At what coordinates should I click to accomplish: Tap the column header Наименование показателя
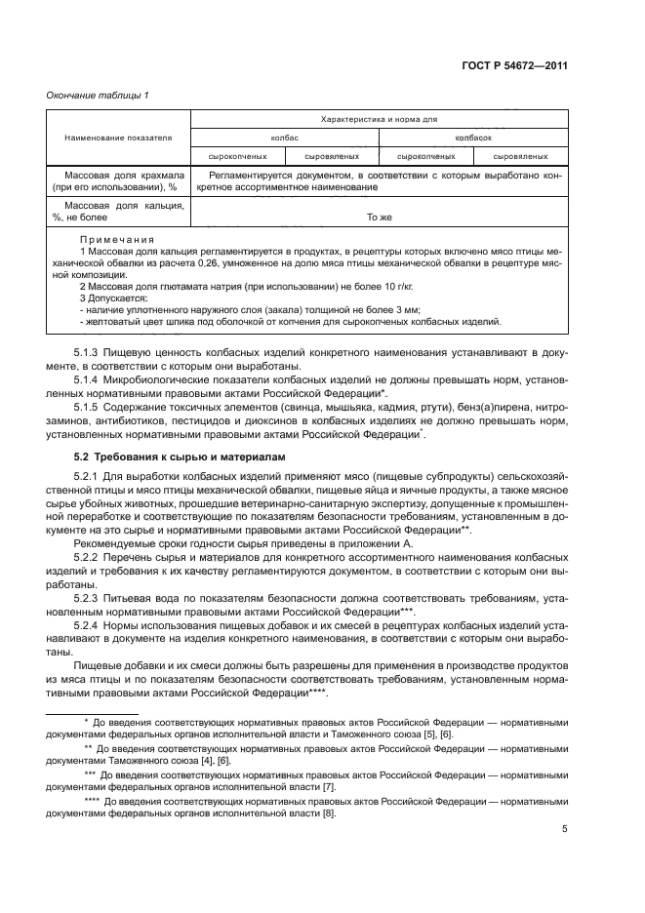point(118,138)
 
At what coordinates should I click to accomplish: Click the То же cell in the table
point(379,218)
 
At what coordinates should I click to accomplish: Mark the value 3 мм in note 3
point(408,307)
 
